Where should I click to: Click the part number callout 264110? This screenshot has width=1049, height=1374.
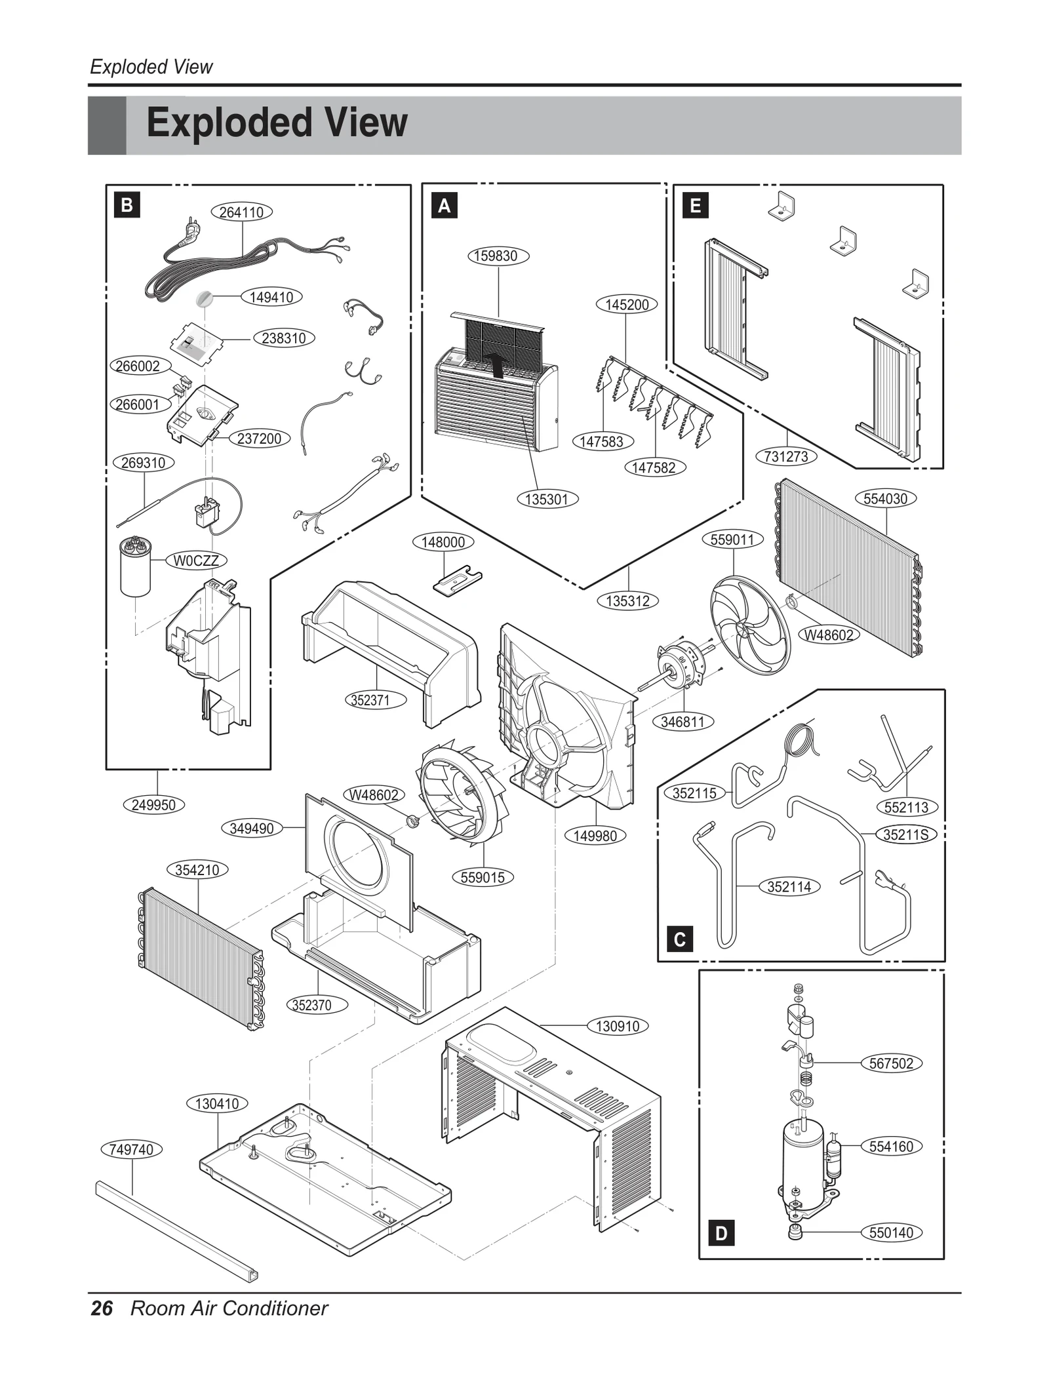[241, 212]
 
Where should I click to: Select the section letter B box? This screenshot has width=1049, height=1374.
[127, 205]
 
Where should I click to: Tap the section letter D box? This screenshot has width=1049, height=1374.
[721, 1233]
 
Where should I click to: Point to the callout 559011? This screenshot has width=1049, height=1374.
[732, 540]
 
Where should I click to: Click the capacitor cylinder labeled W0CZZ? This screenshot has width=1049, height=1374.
[136, 568]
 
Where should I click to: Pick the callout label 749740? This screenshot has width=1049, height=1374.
[132, 1149]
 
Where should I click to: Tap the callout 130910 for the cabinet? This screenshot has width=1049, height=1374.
[617, 1026]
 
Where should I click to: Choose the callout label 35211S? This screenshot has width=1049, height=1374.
[905, 834]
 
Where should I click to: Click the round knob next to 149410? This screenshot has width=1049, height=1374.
[205, 299]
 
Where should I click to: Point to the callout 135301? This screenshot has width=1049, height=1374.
[547, 499]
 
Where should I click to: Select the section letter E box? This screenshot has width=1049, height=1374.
[696, 206]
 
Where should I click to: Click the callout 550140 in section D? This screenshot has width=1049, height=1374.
[891, 1232]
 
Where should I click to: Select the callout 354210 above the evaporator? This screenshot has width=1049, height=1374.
[197, 870]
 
